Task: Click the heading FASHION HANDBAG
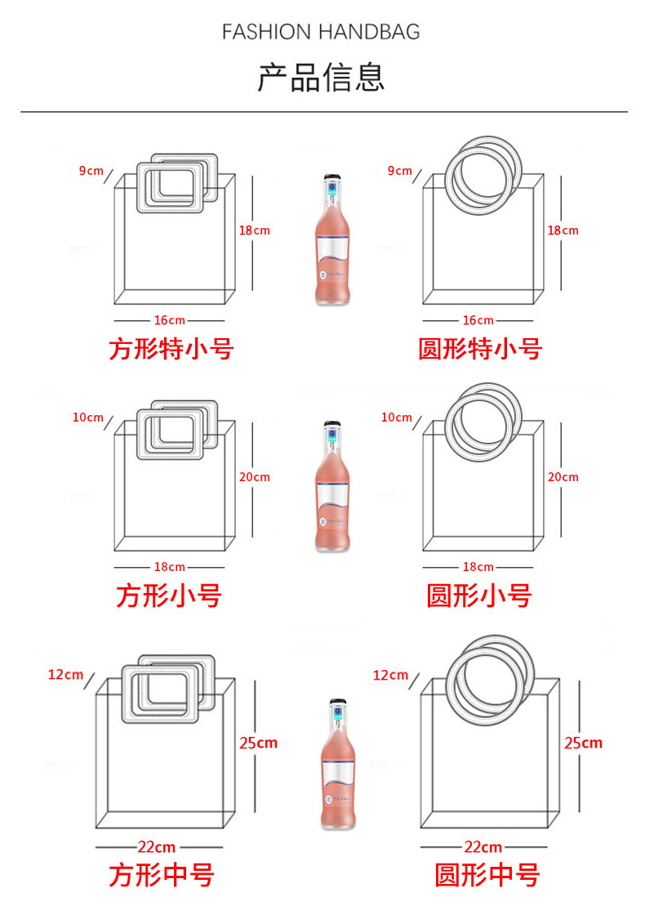(x=321, y=32)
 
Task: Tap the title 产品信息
(x=321, y=77)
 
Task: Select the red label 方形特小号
(x=171, y=350)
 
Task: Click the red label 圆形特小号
(x=480, y=350)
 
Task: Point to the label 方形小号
(x=169, y=596)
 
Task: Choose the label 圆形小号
(x=479, y=596)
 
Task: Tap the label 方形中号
(x=162, y=875)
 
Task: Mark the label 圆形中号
(x=487, y=875)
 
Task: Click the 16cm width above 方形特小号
(x=170, y=320)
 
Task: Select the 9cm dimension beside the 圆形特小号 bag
(x=399, y=171)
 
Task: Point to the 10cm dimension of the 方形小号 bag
(x=88, y=417)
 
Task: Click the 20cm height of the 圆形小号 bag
(x=563, y=477)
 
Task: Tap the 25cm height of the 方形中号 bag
(x=258, y=743)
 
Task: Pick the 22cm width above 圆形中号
(x=483, y=847)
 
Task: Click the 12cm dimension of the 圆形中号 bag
(x=390, y=675)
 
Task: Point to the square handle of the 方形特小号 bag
(x=176, y=187)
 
